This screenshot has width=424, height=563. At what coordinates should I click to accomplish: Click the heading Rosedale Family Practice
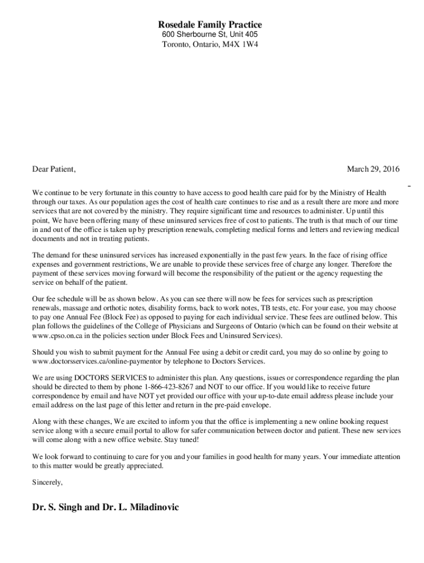pyautogui.click(x=210, y=25)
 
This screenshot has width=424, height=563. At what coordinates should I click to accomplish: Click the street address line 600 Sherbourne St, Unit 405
pyautogui.click(x=210, y=35)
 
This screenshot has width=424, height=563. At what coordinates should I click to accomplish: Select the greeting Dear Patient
pyautogui.click(x=53, y=169)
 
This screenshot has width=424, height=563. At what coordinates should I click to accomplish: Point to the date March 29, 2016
pyautogui.click(x=373, y=169)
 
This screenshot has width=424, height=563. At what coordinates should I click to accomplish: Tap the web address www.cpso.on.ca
pyautogui.click(x=57, y=335)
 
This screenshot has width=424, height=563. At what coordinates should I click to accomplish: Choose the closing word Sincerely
pyautogui.click(x=47, y=482)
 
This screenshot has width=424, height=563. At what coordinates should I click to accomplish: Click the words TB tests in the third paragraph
pyautogui.click(x=273, y=308)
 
